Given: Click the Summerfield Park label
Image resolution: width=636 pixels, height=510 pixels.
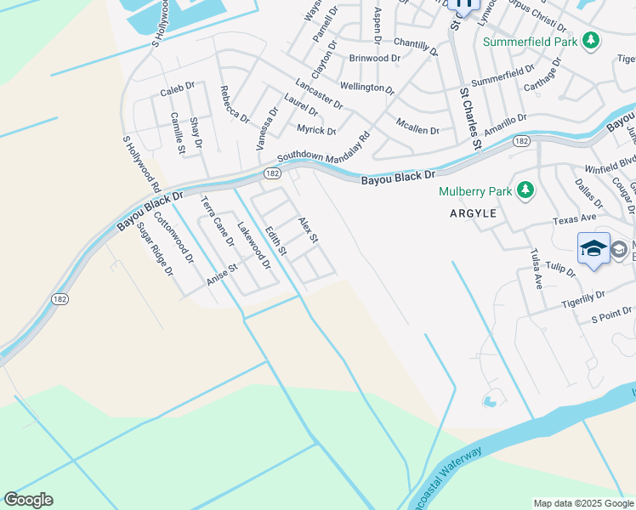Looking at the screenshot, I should click(531, 41).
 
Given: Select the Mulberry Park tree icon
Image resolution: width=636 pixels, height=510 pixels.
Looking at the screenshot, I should click(526, 190).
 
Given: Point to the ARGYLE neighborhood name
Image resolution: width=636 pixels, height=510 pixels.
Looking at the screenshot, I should click(473, 214).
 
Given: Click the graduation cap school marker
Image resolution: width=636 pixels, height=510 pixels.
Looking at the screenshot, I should click(593, 248).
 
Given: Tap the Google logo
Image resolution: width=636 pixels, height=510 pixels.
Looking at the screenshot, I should click(28, 500).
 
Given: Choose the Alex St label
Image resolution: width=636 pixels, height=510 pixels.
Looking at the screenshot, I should click(308, 229).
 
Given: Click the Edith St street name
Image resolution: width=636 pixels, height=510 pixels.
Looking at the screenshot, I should click(275, 241).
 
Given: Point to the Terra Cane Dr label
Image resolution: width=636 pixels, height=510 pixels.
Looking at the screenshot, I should click(216, 221).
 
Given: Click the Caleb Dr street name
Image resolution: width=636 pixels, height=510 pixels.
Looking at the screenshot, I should click(178, 88).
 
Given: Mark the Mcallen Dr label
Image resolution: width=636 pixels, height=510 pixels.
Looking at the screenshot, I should click(417, 126).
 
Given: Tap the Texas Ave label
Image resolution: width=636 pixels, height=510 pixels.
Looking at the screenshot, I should click(574, 219).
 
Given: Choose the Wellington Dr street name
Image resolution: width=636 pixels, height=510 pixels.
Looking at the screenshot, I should click(367, 87).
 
